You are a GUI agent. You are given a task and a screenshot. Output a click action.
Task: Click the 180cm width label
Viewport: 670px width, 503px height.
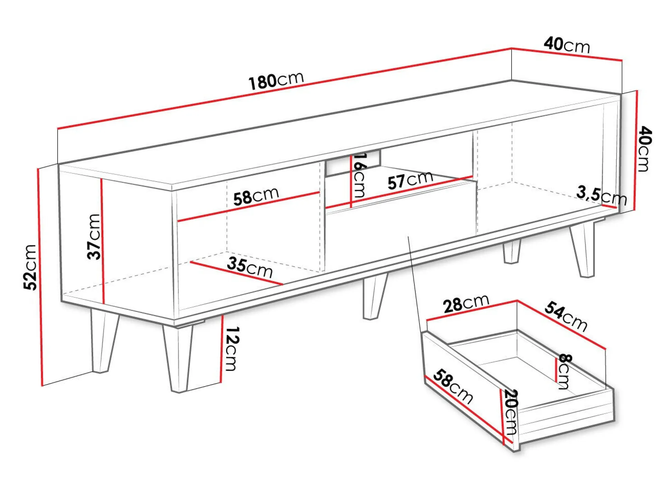click(276, 81)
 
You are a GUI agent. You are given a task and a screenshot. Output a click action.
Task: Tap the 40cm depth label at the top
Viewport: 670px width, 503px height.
click(567, 45)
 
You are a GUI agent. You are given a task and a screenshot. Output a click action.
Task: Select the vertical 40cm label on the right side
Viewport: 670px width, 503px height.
click(644, 149)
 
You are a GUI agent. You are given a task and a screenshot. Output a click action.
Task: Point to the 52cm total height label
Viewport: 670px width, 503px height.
click(30, 267)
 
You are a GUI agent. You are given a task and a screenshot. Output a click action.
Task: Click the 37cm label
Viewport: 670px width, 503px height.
click(94, 237)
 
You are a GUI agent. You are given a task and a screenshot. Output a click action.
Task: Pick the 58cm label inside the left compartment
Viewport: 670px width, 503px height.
click(256, 197)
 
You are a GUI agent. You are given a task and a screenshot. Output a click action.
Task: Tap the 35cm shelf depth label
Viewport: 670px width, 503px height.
click(250, 267)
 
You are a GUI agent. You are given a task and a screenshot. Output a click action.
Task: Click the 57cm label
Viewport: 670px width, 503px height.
click(410, 180)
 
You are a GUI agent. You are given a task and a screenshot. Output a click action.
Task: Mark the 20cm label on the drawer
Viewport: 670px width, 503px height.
click(511, 412)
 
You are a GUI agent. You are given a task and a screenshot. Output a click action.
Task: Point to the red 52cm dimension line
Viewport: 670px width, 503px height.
click(39, 277)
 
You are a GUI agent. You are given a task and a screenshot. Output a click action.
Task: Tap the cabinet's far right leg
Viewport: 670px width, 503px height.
click(583, 249)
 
